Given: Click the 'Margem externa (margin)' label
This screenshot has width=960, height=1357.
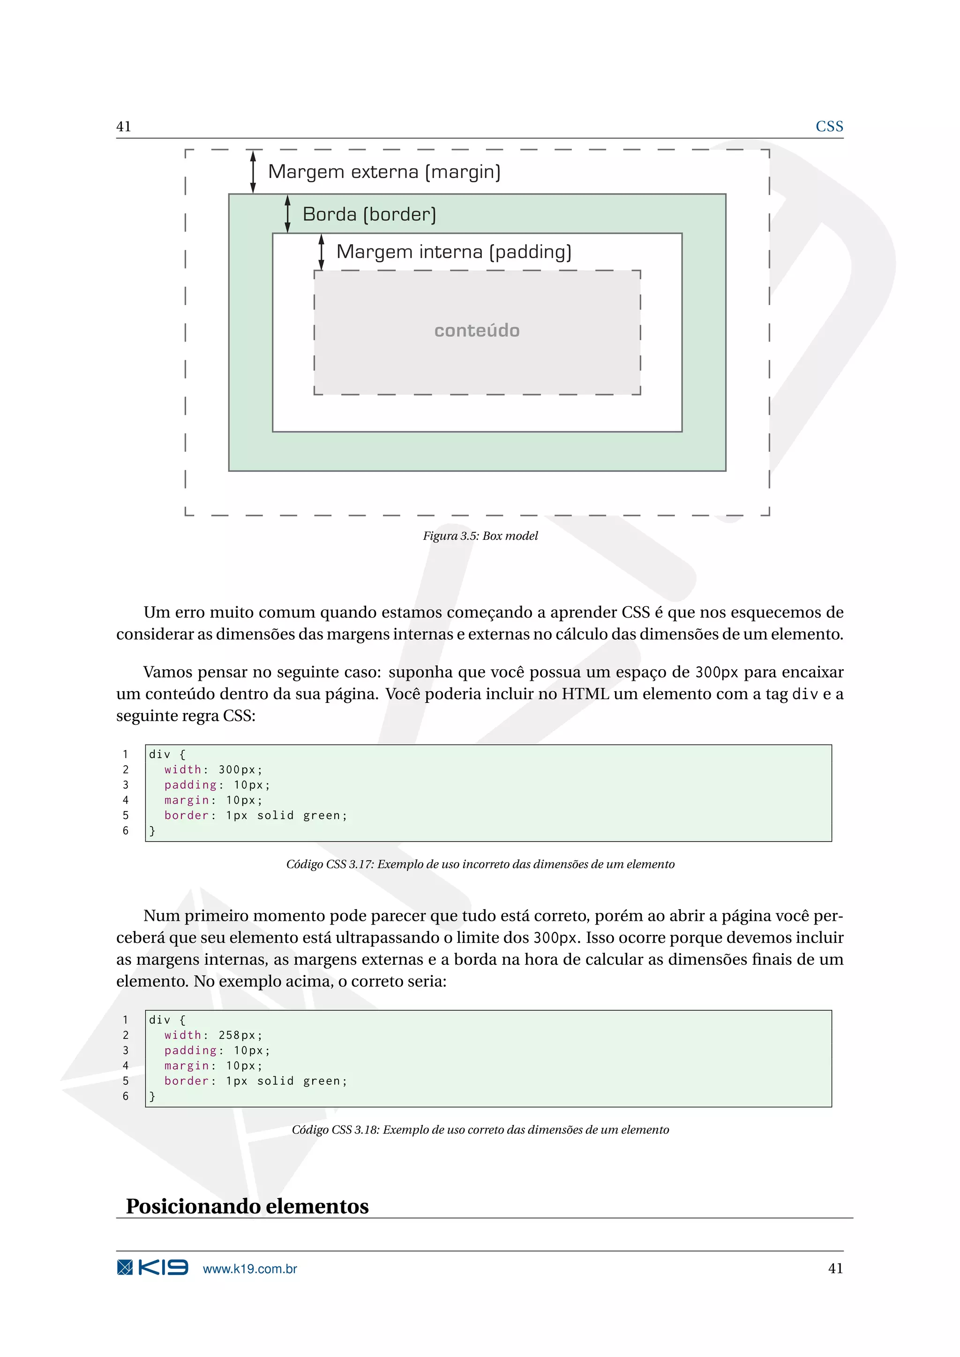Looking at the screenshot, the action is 384,172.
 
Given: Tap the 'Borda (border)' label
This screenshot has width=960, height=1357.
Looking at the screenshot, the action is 369,214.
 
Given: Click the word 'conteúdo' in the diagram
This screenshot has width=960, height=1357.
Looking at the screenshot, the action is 477,330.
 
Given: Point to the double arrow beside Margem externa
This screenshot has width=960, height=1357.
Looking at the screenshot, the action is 253,171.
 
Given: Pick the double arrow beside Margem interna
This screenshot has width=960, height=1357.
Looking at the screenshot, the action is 322,252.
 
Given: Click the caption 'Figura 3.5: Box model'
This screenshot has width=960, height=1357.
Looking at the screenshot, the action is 480,536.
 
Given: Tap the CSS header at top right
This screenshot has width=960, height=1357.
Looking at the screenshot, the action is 829,127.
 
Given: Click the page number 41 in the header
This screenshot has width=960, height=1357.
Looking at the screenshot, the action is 124,127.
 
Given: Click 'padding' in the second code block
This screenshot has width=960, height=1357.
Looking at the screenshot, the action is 190,1050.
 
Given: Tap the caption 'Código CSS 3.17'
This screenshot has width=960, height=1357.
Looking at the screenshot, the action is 480,864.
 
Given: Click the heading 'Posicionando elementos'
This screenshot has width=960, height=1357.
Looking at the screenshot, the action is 247,1206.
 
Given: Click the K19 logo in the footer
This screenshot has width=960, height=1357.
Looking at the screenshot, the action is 152,1268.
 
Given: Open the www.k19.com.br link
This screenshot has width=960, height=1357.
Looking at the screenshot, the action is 249,1268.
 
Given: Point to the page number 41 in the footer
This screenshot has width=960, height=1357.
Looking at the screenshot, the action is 835,1268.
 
